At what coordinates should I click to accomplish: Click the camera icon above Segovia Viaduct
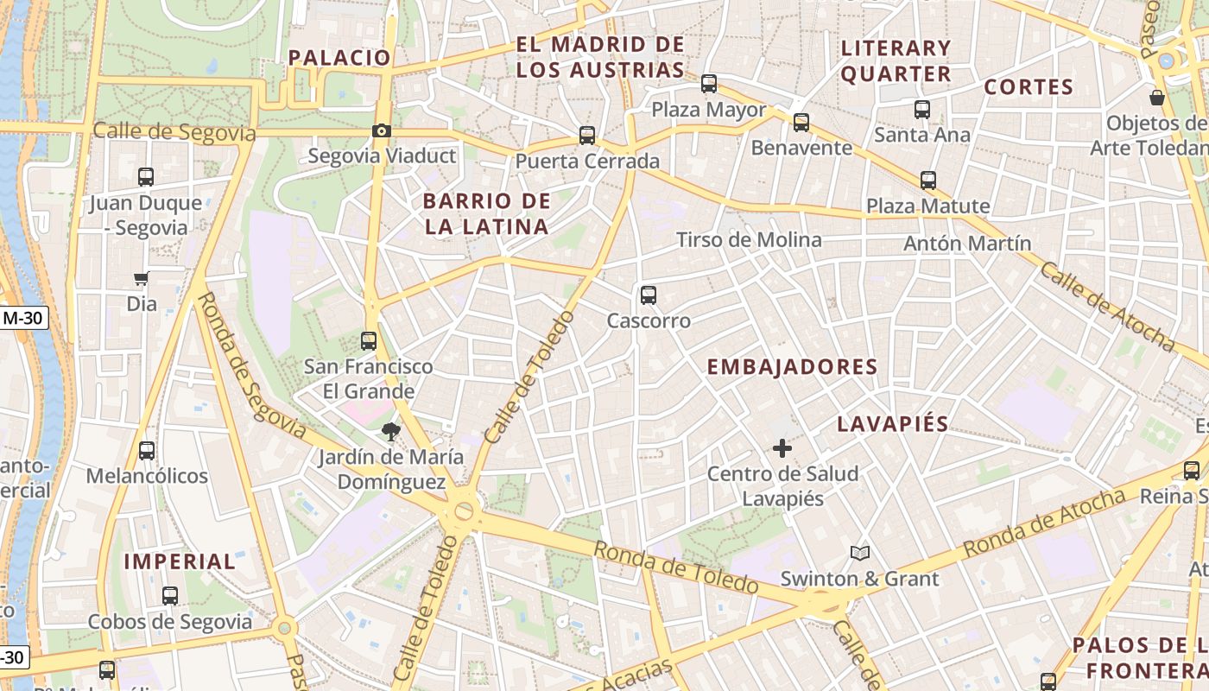[x=381, y=131]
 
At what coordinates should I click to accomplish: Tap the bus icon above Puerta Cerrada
[x=587, y=136]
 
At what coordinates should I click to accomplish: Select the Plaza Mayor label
[x=708, y=110]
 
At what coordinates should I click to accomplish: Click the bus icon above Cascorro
[x=649, y=295]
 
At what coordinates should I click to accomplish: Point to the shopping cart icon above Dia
[x=142, y=278]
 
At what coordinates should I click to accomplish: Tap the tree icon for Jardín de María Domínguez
[x=391, y=432]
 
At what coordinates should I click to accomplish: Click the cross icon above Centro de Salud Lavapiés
[x=782, y=448]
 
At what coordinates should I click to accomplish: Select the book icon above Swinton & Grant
[x=859, y=553]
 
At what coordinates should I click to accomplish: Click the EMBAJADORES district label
[x=792, y=367]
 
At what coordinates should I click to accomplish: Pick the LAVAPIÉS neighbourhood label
[x=893, y=424]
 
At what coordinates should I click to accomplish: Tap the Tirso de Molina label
[x=749, y=239]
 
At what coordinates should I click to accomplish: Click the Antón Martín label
[x=967, y=244]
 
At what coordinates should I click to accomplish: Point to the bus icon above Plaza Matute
[x=928, y=181]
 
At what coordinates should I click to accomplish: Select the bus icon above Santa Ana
[x=922, y=110]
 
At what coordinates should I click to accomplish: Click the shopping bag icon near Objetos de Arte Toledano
[x=1157, y=98]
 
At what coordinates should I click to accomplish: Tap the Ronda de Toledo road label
[x=675, y=567]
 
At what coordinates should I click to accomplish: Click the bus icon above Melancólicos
[x=147, y=451]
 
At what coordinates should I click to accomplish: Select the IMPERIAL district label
[x=180, y=561]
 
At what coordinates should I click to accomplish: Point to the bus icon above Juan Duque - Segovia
[x=146, y=177]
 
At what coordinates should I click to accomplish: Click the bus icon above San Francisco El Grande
[x=369, y=341]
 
